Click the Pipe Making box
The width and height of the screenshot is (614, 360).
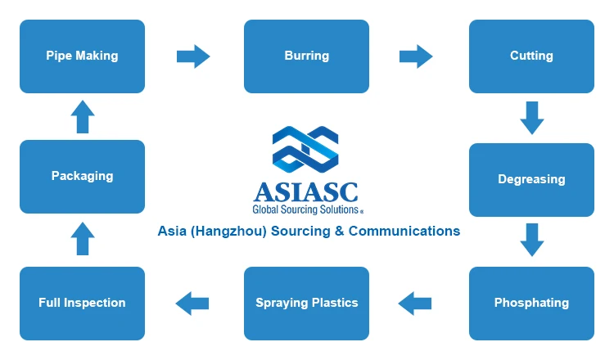(82, 56)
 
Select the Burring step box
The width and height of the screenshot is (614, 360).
(307, 56)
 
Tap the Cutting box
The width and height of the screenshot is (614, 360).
(531, 56)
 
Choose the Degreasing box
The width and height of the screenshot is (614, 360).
(531, 180)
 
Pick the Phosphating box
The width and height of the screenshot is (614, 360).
(531, 304)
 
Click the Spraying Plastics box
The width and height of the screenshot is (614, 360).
(307, 304)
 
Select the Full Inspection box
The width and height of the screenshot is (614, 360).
(82, 304)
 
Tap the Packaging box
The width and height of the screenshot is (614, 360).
(82, 177)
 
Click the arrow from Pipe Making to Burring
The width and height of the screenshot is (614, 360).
(193, 56)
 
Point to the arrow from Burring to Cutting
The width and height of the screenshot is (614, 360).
(416, 56)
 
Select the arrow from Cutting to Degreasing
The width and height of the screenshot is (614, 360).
(532, 118)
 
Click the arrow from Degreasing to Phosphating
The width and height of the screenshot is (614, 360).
(532, 240)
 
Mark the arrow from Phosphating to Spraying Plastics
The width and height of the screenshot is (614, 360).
(415, 304)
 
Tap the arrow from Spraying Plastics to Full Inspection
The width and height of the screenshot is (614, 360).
(192, 304)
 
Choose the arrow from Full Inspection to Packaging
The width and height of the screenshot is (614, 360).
(83, 239)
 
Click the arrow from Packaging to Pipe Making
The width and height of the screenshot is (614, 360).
(83, 117)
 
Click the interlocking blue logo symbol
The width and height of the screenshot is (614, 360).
(305, 150)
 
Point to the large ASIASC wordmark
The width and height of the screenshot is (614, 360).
(306, 192)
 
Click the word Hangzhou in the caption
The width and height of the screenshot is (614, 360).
(228, 232)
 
